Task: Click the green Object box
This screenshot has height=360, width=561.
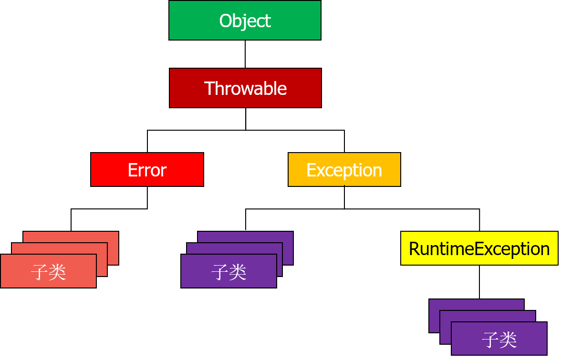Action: tap(245, 21)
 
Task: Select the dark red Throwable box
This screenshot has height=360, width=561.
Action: tap(245, 88)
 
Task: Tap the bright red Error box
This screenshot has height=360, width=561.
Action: tap(147, 170)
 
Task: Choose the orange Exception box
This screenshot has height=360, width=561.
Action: tap(344, 170)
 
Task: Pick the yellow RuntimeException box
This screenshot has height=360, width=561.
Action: tap(479, 248)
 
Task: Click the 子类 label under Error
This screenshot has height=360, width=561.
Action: tap(48, 272)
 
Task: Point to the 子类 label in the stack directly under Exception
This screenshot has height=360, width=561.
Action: tap(229, 272)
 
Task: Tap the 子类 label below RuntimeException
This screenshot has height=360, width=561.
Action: tap(499, 339)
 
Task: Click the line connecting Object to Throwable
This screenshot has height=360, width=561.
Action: tap(245, 54)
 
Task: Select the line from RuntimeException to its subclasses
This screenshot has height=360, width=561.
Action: tap(479, 282)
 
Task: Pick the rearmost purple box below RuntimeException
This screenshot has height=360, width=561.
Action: tap(477, 304)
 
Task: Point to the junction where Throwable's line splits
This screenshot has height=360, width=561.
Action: tap(246, 130)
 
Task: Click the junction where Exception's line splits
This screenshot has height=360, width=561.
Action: tap(344, 208)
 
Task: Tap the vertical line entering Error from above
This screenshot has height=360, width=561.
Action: tap(147, 141)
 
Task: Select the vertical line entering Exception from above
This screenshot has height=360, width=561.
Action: tap(344, 141)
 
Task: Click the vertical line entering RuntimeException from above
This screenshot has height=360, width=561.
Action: tap(479, 220)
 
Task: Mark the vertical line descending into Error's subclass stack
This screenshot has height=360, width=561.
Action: tap(71, 220)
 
